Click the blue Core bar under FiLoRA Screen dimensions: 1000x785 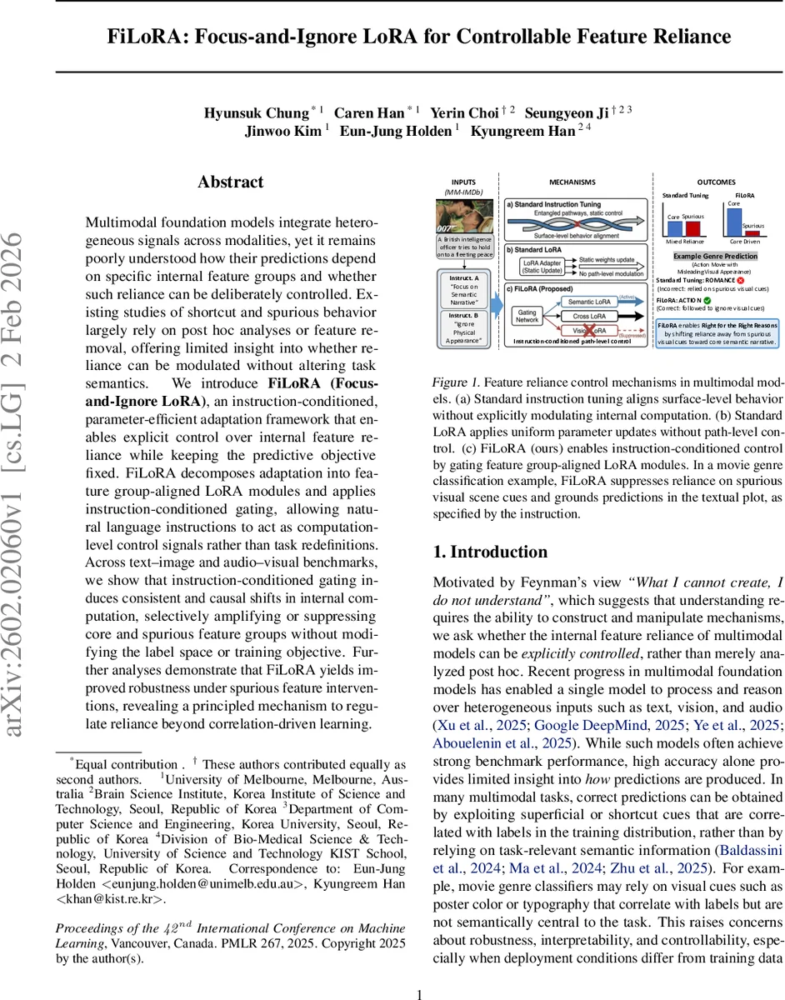coord(734,222)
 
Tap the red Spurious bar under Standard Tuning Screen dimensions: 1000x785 coord(693,228)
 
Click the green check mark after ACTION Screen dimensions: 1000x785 coord(707,299)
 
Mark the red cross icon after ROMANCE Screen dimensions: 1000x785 coord(740,280)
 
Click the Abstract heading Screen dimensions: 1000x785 coord(230,182)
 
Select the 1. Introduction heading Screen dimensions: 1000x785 coord(490,552)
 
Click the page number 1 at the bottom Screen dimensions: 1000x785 coord(420,993)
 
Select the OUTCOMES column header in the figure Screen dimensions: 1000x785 coord(716,181)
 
